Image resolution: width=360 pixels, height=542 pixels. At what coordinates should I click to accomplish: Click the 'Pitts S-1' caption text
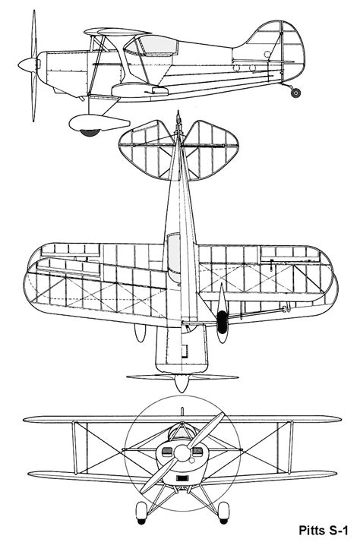coord(323,530)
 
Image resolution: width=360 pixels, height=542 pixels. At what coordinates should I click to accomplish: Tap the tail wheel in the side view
coord(295,93)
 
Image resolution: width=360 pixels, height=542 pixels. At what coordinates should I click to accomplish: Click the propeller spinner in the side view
coord(28,65)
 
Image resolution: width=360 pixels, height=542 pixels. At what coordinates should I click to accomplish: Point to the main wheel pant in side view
coord(99,123)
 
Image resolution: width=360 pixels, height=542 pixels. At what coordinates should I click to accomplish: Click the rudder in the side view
coord(293,52)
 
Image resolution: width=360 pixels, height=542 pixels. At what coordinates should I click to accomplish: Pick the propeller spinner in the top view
coord(182,383)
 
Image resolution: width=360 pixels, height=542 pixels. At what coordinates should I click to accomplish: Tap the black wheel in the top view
coord(222,321)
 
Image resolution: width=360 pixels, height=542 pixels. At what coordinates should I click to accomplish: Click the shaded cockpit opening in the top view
coord(174,252)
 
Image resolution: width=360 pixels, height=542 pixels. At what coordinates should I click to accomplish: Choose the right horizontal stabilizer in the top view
coord(211,150)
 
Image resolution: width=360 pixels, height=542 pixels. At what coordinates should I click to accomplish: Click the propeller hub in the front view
coord(182,452)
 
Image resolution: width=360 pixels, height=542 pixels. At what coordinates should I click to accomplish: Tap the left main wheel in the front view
coord(141,512)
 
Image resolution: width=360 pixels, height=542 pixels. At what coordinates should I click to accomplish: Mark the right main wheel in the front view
coord(224,512)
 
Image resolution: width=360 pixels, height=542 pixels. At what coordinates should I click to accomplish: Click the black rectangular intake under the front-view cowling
coord(182,478)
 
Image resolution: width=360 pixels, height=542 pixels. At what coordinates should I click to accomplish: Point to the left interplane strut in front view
coord(74,448)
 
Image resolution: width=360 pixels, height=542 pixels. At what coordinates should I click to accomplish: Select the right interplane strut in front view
coord(290,447)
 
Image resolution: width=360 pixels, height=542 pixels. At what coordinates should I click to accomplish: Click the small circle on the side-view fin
coord(267,54)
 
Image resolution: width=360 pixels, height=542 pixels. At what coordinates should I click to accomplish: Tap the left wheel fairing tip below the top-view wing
coord(140,332)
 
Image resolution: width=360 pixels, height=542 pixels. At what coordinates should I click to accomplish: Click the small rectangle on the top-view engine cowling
coord(185,351)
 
